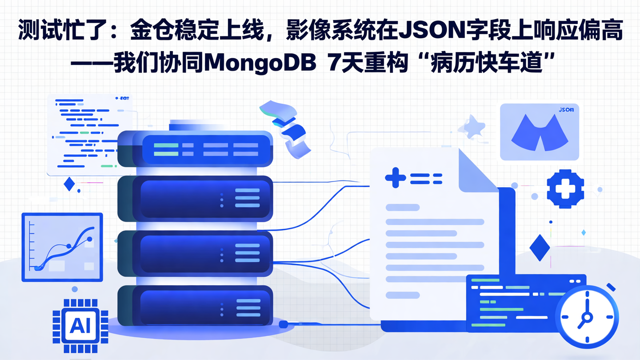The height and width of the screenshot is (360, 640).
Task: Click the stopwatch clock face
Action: [x=587, y=317]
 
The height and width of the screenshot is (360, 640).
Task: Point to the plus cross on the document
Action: [x=395, y=178]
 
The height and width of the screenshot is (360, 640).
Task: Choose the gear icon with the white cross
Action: [x=565, y=189]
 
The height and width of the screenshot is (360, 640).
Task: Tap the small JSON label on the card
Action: [x=565, y=109]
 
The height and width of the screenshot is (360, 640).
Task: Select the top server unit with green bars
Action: [x=196, y=149]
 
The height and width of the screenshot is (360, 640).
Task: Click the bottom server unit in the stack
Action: [x=196, y=307]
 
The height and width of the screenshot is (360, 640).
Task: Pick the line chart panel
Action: [x=62, y=247]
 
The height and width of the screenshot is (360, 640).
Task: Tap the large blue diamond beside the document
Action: [x=540, y=248]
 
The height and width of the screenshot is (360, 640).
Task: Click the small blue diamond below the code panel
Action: [x=69, y=184]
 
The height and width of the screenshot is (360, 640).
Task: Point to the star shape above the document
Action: [x=472, y=127]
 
